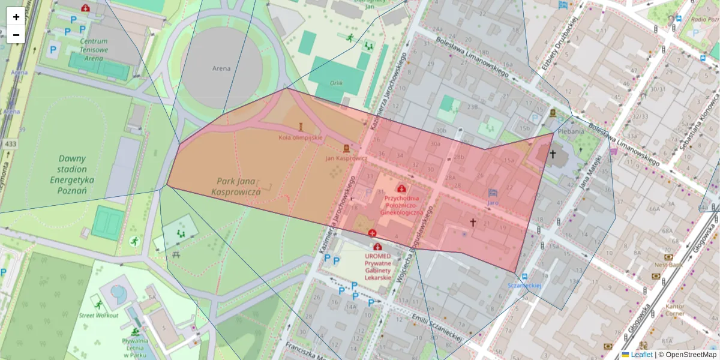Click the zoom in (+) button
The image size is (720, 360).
click(x=16, y=17)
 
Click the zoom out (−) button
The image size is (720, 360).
click(x=16, y=35)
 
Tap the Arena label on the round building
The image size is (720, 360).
click(x=221, y=68)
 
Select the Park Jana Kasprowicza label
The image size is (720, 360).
click(x=235, y=186)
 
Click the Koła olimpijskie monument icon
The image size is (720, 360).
click(x=301, y=127)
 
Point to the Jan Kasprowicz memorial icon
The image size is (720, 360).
click(x=346, y=148)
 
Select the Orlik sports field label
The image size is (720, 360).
click(x=336, y=83)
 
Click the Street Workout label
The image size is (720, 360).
click(x=98, y=315)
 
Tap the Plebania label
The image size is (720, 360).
click(x=571, y=131)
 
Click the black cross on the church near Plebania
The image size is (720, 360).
click(x=552, y=154)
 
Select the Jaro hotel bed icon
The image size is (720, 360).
click(x=493, y=193)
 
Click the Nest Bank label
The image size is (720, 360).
click(x=668, y=265)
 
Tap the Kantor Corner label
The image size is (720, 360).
click(x=674, y=310)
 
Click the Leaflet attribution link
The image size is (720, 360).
click(x=641, y=355)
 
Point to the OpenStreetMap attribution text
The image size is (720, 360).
click(x=691, y=355)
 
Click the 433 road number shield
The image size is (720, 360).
click(x=11, y=144)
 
